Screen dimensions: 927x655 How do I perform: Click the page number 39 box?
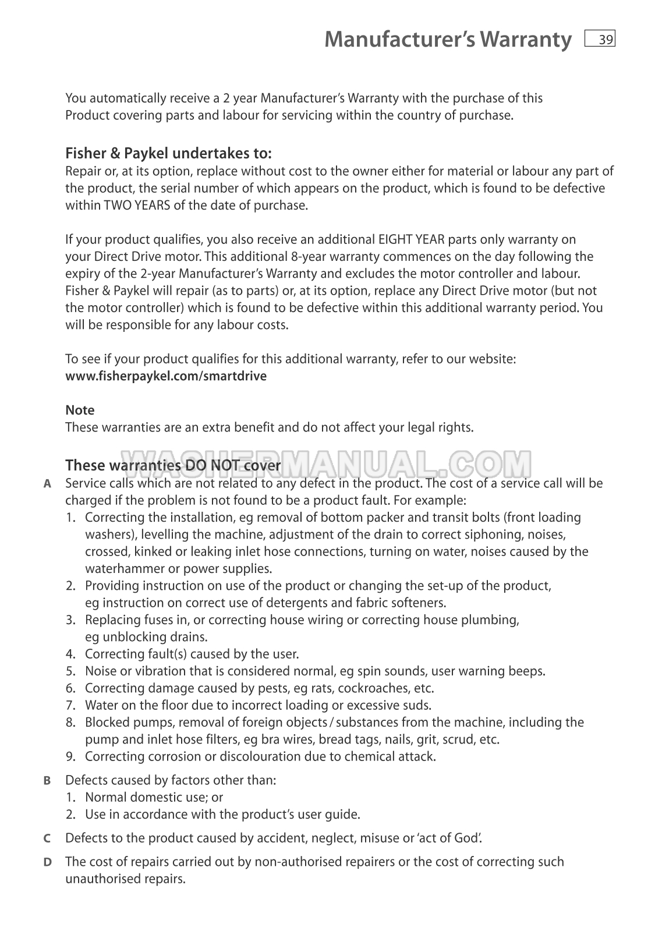[600, 39]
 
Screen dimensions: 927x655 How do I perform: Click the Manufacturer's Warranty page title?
[448, 40]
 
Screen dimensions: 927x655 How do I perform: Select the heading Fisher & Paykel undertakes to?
[168, 154]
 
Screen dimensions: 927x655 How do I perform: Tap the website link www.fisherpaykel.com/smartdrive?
[166, 376]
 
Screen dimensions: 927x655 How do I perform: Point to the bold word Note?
[80, 411]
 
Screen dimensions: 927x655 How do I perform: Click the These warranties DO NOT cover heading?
[173, 466]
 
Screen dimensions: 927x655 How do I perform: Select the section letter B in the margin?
[47, 781]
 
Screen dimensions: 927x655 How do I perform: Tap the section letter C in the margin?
[47, 839]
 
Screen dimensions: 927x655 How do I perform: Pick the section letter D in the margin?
[47, 862]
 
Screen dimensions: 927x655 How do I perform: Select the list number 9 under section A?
[70, 757]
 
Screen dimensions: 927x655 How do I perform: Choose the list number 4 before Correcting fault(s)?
[70, 654]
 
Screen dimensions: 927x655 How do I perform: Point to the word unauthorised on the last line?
[103, 879]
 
